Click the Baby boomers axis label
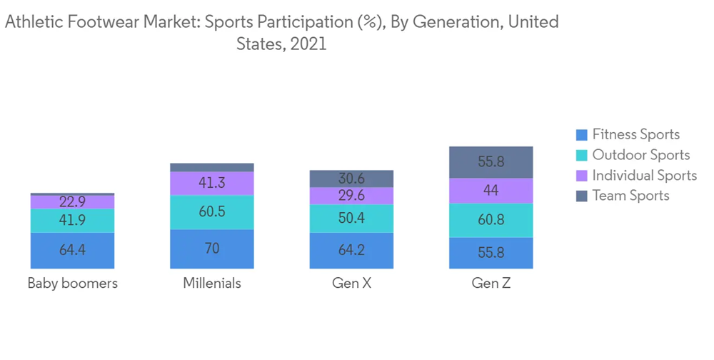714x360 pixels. click(x=72, y=284)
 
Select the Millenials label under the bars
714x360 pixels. click(x=212, y=284)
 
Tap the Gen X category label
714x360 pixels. click(x=351, y=284)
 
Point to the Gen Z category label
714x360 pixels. click(x=491, y=284)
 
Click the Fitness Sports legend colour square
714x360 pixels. click(x=582, y=135)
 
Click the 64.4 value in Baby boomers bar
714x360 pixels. click(x=72, y=250)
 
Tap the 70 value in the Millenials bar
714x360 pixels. click(x=212, y=249)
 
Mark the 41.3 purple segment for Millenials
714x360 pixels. click(x=212, y=184)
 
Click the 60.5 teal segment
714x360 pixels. click(x=212, y=212)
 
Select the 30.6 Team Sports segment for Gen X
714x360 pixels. click(x=351, y=179)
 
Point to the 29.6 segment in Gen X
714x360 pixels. click(x=351, y=196)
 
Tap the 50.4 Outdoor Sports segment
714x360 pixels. click(x=351, y=218)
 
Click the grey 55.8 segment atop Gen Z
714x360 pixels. click(x=491, y=162)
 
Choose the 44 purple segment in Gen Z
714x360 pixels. click(x=491, y=191)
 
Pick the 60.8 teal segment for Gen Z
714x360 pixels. click(x=491, y=220)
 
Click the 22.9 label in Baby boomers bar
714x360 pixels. click(x=72, y=202)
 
